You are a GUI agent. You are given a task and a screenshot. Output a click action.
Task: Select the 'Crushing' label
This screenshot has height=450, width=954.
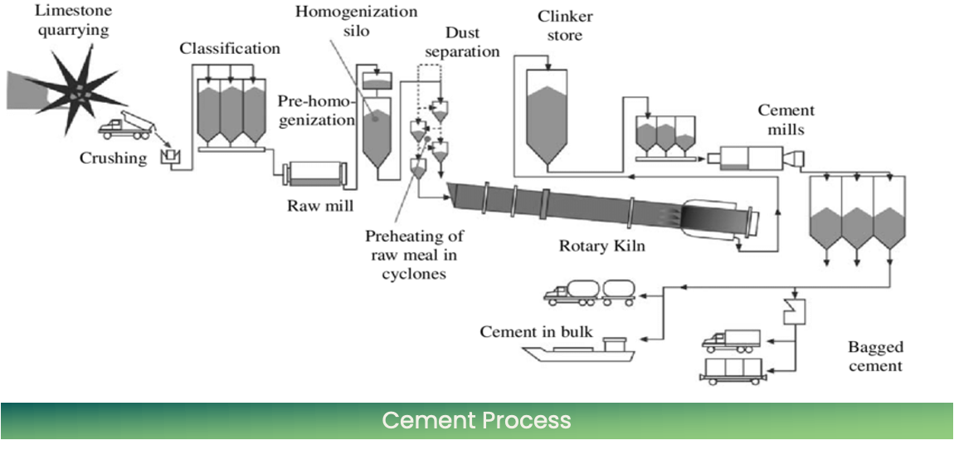point(113,158)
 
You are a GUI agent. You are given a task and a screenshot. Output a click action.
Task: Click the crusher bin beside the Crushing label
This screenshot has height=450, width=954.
point(172,155)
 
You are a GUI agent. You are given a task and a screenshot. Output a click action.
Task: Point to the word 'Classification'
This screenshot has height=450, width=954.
point(230,48)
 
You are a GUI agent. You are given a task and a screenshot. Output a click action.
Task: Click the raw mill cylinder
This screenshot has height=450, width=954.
point(314,177)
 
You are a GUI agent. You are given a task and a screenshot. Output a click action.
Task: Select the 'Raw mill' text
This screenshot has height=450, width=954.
point(315,205)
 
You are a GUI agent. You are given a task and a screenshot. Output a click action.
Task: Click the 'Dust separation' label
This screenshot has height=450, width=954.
point(462,42)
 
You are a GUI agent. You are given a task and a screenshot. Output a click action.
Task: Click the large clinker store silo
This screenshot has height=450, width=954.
point(547,116)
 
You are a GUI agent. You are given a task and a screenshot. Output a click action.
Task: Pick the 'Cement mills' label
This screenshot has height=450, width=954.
point(786,120)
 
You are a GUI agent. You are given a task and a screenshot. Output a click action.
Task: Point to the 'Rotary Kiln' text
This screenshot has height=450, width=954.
point(601,246)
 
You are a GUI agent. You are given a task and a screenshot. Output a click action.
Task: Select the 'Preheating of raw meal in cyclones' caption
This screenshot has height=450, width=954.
point(414,255)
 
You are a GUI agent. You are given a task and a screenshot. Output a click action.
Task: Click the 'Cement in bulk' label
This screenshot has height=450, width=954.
point(536,332)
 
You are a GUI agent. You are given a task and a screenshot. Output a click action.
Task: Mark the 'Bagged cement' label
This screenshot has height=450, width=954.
point(875,356)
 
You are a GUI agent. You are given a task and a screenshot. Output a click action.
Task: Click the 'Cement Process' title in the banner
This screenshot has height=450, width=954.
point(476,420)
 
